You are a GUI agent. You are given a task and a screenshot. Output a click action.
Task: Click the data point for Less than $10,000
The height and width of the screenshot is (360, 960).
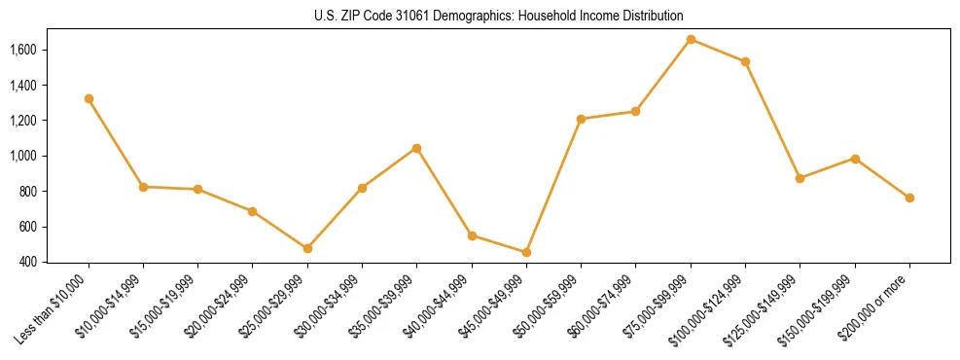coord(89,98)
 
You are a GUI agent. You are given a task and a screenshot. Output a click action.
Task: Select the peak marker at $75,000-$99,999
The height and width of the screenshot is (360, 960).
coord(691,39)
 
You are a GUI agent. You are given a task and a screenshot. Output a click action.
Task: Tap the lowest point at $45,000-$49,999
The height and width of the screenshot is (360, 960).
coord(526,252)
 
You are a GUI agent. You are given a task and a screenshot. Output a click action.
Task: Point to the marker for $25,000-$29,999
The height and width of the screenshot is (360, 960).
coord(307,248)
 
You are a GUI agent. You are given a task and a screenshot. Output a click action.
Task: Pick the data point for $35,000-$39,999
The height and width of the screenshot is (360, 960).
coord(416,148)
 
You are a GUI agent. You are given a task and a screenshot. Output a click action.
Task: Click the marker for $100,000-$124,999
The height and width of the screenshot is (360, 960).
coord(745,61)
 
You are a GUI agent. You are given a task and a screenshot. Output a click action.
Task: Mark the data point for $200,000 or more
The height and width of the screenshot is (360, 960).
coord(909,198)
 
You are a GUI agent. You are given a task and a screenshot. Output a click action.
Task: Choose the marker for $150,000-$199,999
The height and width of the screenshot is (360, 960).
coord(855,159)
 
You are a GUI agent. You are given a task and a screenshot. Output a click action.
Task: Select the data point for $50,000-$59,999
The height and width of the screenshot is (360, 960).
coord(581,119)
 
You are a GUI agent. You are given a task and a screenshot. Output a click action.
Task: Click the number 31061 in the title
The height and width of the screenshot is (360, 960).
coord(403,17)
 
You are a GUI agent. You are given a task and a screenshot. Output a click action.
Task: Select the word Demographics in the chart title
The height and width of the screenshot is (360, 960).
coord(464,17)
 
